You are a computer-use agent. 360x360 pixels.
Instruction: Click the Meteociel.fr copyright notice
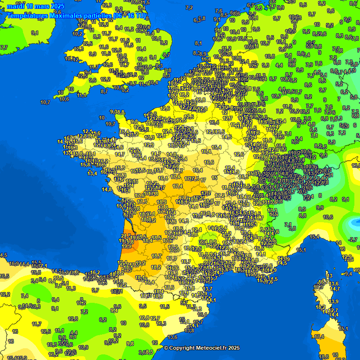(x=202, y=348)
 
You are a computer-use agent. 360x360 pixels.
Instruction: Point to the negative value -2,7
(x=353, y=240)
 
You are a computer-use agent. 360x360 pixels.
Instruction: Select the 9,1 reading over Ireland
(x=35, y=33)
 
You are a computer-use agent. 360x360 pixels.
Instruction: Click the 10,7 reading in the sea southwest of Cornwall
(x=45, y=102)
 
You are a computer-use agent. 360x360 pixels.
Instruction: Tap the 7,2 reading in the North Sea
(x=189, y=7)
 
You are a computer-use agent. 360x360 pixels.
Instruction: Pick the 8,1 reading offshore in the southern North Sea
(x=198, y=43)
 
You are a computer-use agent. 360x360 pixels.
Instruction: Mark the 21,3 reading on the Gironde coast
(x=126, y=236)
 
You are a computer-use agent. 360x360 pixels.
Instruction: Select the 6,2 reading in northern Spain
(x=103, y=320)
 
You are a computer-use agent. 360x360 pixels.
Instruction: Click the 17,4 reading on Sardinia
(x=320, y=337)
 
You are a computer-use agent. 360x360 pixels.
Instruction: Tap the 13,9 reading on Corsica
(x=334, y=301)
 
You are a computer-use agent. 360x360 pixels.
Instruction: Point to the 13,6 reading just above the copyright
(x=172, y=337)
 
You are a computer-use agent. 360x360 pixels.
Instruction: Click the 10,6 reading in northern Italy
(x=328, y=217)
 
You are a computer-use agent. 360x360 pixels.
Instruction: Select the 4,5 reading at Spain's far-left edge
(x=3, y=255)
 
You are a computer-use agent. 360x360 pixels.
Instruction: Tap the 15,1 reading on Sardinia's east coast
(x=344, y=329)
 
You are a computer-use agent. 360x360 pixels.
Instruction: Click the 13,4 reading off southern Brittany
(x=92, y=173)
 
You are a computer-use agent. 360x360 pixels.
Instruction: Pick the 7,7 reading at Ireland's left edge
(x=4, y=47)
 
